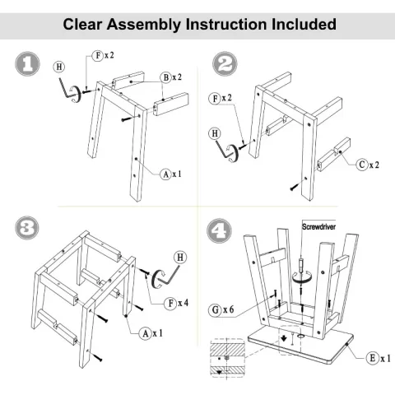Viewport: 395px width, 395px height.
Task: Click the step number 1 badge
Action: [x=27, y=64]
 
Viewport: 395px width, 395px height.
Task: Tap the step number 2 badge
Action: [x=225, y=64]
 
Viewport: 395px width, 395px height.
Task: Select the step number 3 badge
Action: [x=27, y=228]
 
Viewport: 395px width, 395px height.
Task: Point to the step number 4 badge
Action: [x=219, y=230]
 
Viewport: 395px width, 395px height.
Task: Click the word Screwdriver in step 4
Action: [x=318, y=227]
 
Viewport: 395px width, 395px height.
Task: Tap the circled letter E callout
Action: [x=373, y=358]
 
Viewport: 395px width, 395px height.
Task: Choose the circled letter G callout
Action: [x=216, y=310]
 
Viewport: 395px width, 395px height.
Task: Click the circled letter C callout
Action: [x=362, y=165]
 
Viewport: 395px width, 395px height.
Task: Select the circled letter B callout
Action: [x=166, y=77]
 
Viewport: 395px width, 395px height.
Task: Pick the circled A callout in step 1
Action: [x=165, y=174]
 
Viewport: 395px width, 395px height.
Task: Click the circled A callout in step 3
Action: [x=146, y=333]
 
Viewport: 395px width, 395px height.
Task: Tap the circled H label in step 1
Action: [x=59, y=67]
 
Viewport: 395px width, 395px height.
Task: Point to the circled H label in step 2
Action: [x=215, y=133]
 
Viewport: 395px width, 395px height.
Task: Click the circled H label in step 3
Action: [x=180, y=258]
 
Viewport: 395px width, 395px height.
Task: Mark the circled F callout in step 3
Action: [x=171, y=304]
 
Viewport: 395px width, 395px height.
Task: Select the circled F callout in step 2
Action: [x=215, y=98]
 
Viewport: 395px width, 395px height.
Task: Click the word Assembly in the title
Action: [x=144, y=25]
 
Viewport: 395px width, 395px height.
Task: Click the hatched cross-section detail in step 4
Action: [x=227, y=359]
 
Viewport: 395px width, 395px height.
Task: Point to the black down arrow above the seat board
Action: [x=284, y=338]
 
